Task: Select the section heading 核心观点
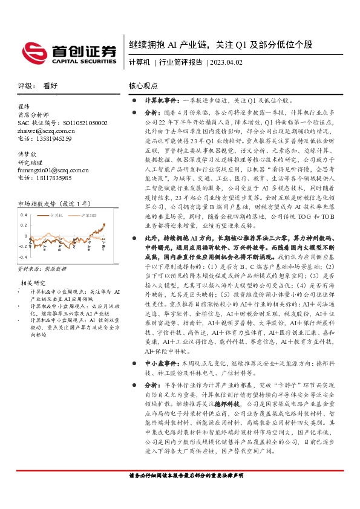point(142,86)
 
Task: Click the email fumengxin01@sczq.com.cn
point(55,170)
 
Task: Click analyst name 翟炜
point(25,106)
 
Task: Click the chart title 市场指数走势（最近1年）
point(53,204)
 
